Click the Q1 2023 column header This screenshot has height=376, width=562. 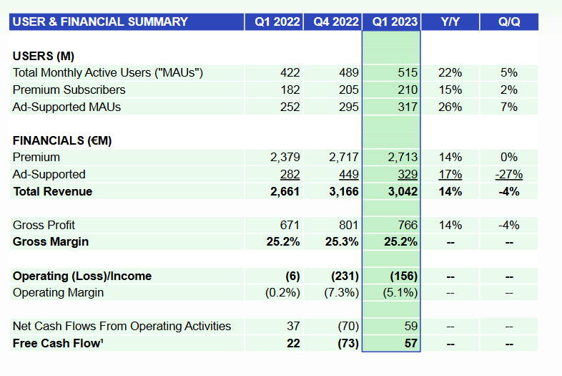pyautogui.click(x=395, y=22)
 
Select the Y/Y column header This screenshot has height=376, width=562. pyautogui.click(x=450, y=22)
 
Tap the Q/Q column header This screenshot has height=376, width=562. pyautogui.click(x=509, y=22)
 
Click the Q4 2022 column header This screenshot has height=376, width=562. pyautogui.click(x=336, y=22)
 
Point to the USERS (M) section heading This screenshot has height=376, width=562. pyautogui.click(x=44, y=56)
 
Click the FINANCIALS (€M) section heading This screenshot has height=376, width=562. pyautogui.click(x=62, y=140)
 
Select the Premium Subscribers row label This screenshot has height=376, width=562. pyautogui.click(x=69, y=90)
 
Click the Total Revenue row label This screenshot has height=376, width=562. pyautogui.click(x=53, y=191)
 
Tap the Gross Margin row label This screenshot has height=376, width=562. pyautogui.click(x=51, y=241)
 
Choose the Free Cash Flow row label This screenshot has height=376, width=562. pyautogui.click(x=58, y=343)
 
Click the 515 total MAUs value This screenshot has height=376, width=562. pyautogui.click(x=408, y=73)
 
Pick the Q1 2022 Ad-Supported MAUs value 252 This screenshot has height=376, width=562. pyautogui.click(x=290, y=107)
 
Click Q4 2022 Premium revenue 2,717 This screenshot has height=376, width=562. pyautogui.click(x=344, y=158)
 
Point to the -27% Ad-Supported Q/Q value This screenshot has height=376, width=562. pyautogui.click(x=509, y=175)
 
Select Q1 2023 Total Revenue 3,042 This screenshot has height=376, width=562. pyautogui.click(x=403, y=191)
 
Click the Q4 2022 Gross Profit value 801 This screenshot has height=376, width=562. pyautogui.click(x=349, y=225)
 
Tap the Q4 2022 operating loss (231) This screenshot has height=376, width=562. pyautogui.click(x=345, y=276)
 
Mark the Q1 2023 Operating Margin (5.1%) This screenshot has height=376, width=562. pyautogui.click(x=400, y=293)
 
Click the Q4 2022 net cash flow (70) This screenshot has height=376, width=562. pyautogui.click(x=348, y=326)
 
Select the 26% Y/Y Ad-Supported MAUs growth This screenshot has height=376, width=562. pyautogui.click(x=450, y=107)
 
